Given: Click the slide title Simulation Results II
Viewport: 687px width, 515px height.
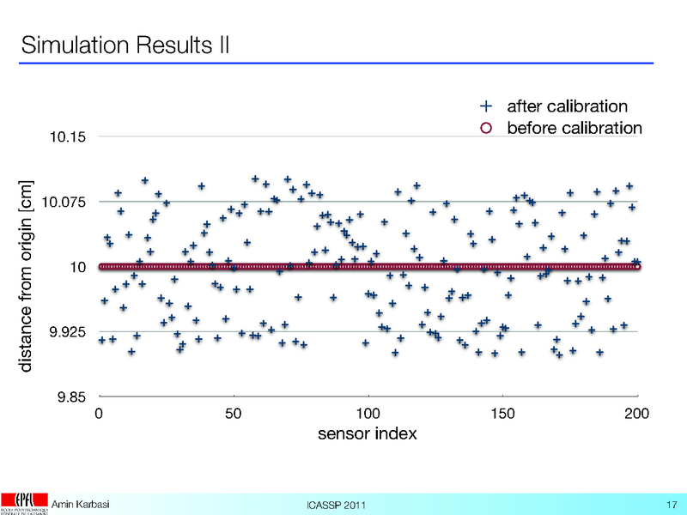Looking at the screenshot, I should point(125,43).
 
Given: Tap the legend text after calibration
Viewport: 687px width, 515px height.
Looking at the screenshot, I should point(567,107).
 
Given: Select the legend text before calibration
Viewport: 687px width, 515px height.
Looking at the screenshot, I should point(574,129).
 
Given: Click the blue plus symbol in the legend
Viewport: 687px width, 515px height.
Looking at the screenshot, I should point(485,107).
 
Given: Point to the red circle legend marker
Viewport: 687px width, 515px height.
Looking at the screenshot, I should point(485,129).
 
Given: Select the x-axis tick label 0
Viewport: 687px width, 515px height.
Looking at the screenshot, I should point(100,414).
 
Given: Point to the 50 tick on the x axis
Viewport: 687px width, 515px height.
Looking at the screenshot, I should point(234,414).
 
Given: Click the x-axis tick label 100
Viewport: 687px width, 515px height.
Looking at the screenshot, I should point(368,414).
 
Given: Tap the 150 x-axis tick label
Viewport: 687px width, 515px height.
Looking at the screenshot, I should point(502,414).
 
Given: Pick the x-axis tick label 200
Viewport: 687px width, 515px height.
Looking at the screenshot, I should point(636,414).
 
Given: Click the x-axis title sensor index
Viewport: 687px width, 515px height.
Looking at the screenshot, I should point(368,434).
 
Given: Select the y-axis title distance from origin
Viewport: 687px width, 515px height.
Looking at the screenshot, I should point(27,275).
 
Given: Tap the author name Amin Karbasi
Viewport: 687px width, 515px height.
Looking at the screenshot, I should point(81,502).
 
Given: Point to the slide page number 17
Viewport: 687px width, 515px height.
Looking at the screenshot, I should point(672,503).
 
